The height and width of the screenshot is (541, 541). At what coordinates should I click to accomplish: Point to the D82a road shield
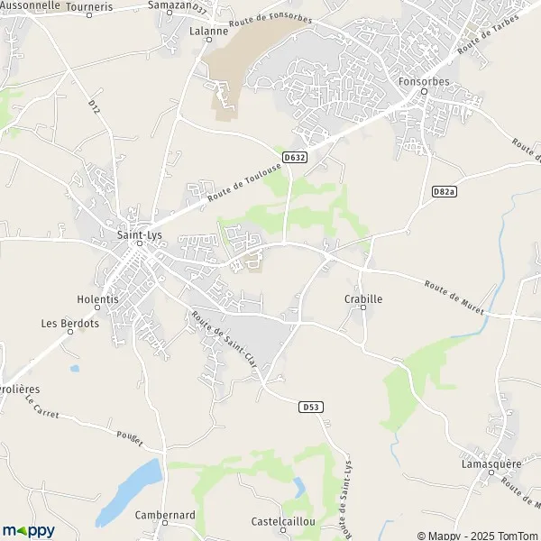pyautogui.click(x=444, y=191)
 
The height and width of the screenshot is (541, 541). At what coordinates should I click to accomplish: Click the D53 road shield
pyautogui.click(x=310, y=408)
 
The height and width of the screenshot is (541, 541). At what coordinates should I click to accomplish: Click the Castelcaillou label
pyautogui.click(x=284, y=521)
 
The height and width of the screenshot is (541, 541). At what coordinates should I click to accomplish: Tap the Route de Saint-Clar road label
pyautogui.click(x=223, y=336)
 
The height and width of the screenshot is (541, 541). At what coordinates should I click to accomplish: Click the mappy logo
pyautogui.click(x=29, y=530)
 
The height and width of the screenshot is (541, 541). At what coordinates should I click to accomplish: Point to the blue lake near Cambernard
pyautogui.click(x=131, y=491)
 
